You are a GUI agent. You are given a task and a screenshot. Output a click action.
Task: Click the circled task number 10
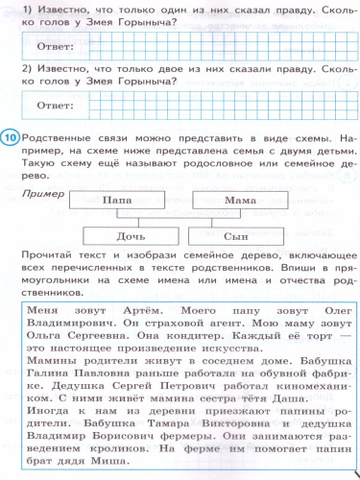(x=11, y=139)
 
